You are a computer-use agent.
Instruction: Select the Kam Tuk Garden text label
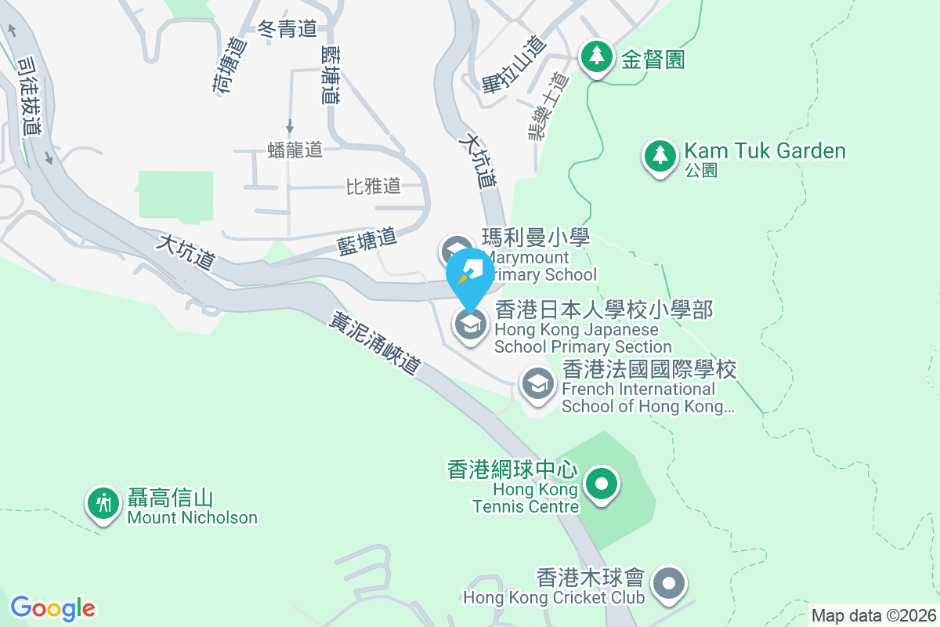click(x=765, y=150)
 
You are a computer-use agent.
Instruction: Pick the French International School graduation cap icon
click(x=537, y=385)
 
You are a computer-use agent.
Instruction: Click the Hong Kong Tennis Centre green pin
click(x=601, y=484)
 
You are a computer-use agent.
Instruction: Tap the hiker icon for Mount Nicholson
click(x=103, y=502)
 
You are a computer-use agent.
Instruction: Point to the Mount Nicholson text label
click(x=192, y=517)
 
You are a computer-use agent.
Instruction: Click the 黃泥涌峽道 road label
click(x=375, y=343)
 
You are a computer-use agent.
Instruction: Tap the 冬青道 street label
click(x=287, y=29)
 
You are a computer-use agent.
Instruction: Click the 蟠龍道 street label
click(x=295, y=150)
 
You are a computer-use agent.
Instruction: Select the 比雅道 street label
click(x=374, y=186)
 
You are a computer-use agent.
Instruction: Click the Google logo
click(x=52, y=608)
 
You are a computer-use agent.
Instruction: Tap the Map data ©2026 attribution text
click(x=873, y=615)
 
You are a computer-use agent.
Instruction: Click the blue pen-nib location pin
click(x=470, y=273)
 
